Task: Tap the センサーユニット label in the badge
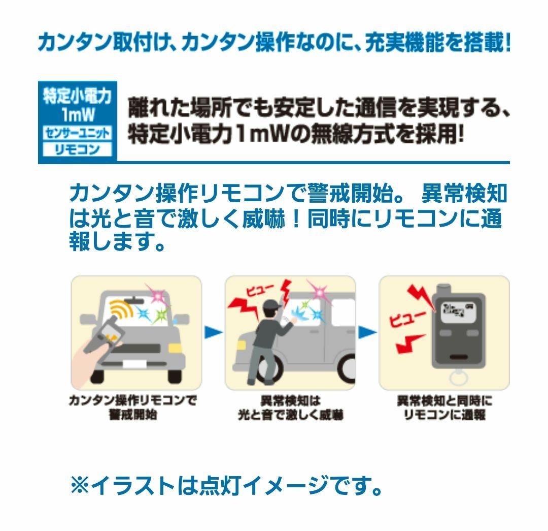coord(77,133)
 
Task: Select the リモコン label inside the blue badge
coord(77,150)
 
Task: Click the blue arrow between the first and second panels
coord(214,333)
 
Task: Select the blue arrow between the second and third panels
coord(368,333)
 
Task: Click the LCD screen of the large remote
coord(457,311)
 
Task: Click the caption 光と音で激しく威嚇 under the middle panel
coord(290,415)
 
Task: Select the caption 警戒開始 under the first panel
coord(133,414)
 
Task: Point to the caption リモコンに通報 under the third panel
coord(444,415)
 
